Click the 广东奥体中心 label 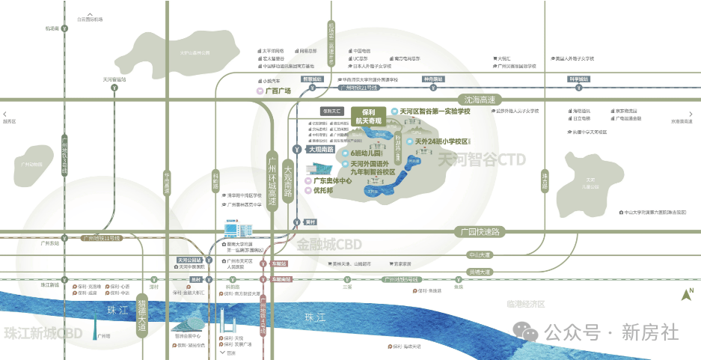(332, 181)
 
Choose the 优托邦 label (323, 192)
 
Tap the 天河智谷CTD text (481, 159)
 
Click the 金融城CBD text (329, 245)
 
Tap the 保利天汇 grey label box (331, 111)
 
